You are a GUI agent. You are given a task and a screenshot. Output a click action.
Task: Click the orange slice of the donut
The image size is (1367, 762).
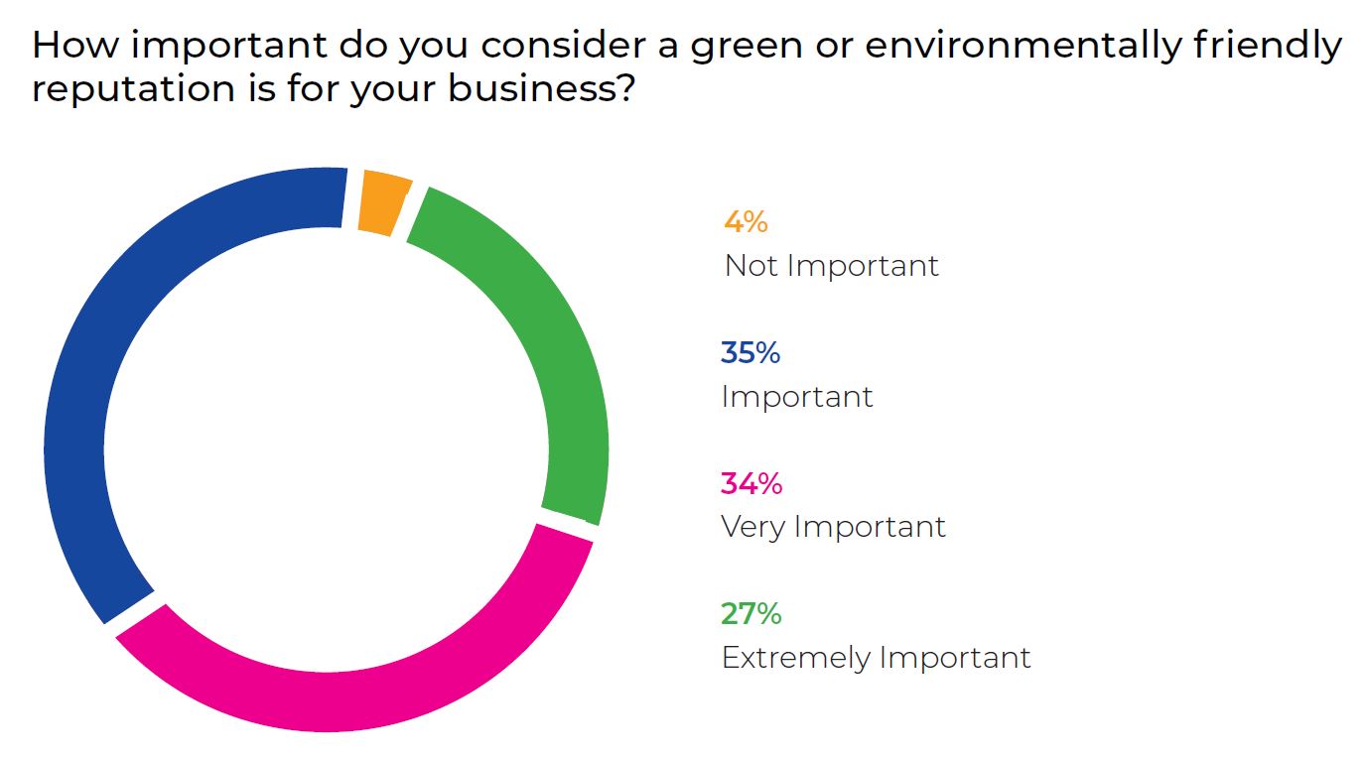click(x=383, y=202)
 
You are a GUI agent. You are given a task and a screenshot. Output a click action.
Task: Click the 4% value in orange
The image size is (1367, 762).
click(x=746, y=221)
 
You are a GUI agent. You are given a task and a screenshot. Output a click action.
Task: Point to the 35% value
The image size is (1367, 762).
click(x=751, y=352)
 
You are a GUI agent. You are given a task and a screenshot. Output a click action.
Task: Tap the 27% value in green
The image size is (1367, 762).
click(x=752, y=614)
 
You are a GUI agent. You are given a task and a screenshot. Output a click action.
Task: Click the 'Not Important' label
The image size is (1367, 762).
click(x=831, y=266)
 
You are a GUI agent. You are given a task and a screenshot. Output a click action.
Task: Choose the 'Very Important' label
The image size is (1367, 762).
click(x=833, y=527)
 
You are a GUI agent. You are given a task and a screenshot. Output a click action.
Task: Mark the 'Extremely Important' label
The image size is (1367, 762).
click(x=876, y=658)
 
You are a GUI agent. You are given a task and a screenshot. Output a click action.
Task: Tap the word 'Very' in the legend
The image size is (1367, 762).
click(x=752, y=527)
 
